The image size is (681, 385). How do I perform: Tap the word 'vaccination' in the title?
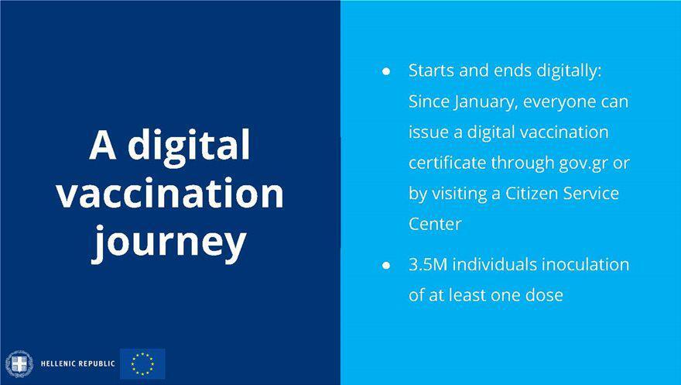click(x=169, y=193)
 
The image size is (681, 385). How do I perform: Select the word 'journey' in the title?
click(x=169, y=243)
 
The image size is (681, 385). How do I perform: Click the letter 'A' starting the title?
click(x=102, y=145)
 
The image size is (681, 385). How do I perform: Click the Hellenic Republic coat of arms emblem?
click(x=19, y=364)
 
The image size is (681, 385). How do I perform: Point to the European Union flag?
click(x=142, y=364)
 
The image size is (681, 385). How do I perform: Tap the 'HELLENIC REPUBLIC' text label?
click(x=77, y=364)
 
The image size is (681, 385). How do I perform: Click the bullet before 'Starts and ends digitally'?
click(x=386, y=71)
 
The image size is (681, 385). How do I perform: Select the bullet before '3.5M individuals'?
click(x=386, y=265)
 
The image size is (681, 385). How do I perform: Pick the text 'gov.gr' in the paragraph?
click(x=583, y=163)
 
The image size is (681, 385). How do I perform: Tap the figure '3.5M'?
click(x=428, y=265)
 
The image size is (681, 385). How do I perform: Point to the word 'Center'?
click(x=435, y=224)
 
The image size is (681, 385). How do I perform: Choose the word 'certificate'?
click(x=448, y=163)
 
